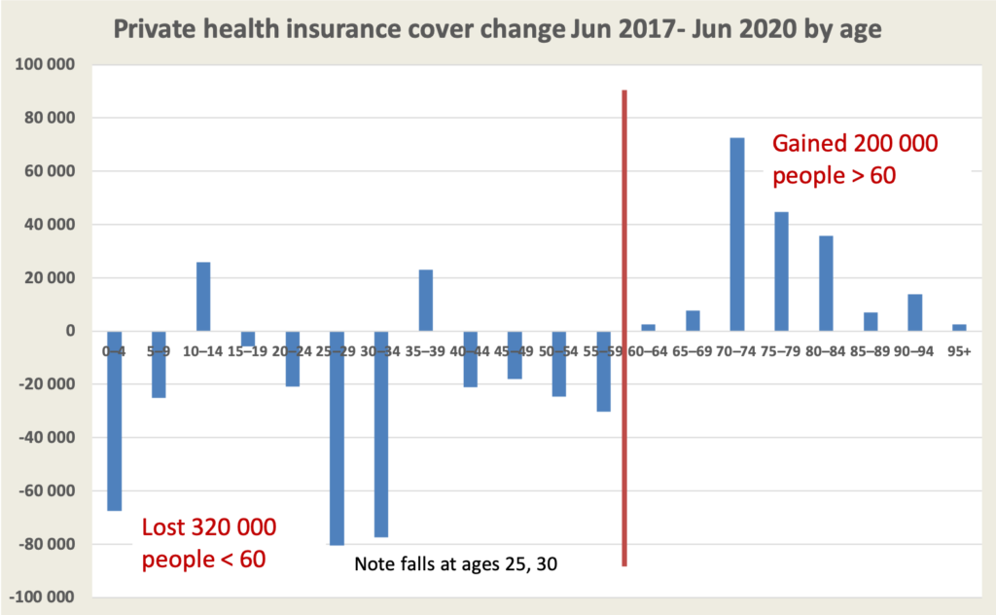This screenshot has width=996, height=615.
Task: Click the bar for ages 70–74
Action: click(737, 235)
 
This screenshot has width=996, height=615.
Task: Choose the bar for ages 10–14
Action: click(203, 297)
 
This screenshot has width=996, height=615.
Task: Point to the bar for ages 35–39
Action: click(426, 301)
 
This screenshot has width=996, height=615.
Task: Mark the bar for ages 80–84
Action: click(826, 283)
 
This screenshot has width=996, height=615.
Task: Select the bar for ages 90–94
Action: click(915, 312)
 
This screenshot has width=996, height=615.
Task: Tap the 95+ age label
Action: click(959, 350)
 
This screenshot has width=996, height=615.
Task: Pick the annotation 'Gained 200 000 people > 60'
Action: click(855, 159)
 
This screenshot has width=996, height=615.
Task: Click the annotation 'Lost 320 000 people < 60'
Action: click(209, 543)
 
